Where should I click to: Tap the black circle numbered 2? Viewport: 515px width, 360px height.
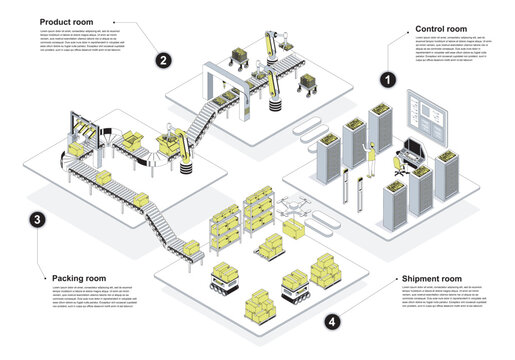tap(162, 60)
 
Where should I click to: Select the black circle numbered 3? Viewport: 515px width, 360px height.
tap(37, 220)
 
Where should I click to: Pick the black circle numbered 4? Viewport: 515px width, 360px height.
tap(332, 322)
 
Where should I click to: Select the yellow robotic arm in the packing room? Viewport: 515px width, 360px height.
tap(180, 142)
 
